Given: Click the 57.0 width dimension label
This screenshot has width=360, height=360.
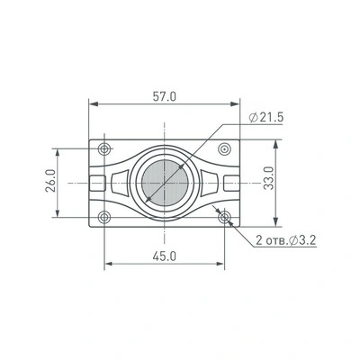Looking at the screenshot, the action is click(165, 96).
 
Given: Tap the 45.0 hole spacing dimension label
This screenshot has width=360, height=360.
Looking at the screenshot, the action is click(165, 256).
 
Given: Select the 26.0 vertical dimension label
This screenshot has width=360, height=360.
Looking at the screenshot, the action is click(50, 181).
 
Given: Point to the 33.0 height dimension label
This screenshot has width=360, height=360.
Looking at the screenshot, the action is click(269, 178).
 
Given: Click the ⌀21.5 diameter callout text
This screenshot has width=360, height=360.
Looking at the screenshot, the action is click(266, 118).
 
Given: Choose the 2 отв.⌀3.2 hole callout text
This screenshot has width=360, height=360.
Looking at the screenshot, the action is click(285, 240).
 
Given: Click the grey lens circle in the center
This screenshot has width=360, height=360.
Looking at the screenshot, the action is click(165, 183).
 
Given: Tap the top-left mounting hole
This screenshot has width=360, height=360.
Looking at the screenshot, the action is click(104, 148).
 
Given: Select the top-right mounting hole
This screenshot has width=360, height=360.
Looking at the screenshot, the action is click(224, 148).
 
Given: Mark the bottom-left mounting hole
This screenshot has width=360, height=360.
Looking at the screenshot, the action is click(104, 217).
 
